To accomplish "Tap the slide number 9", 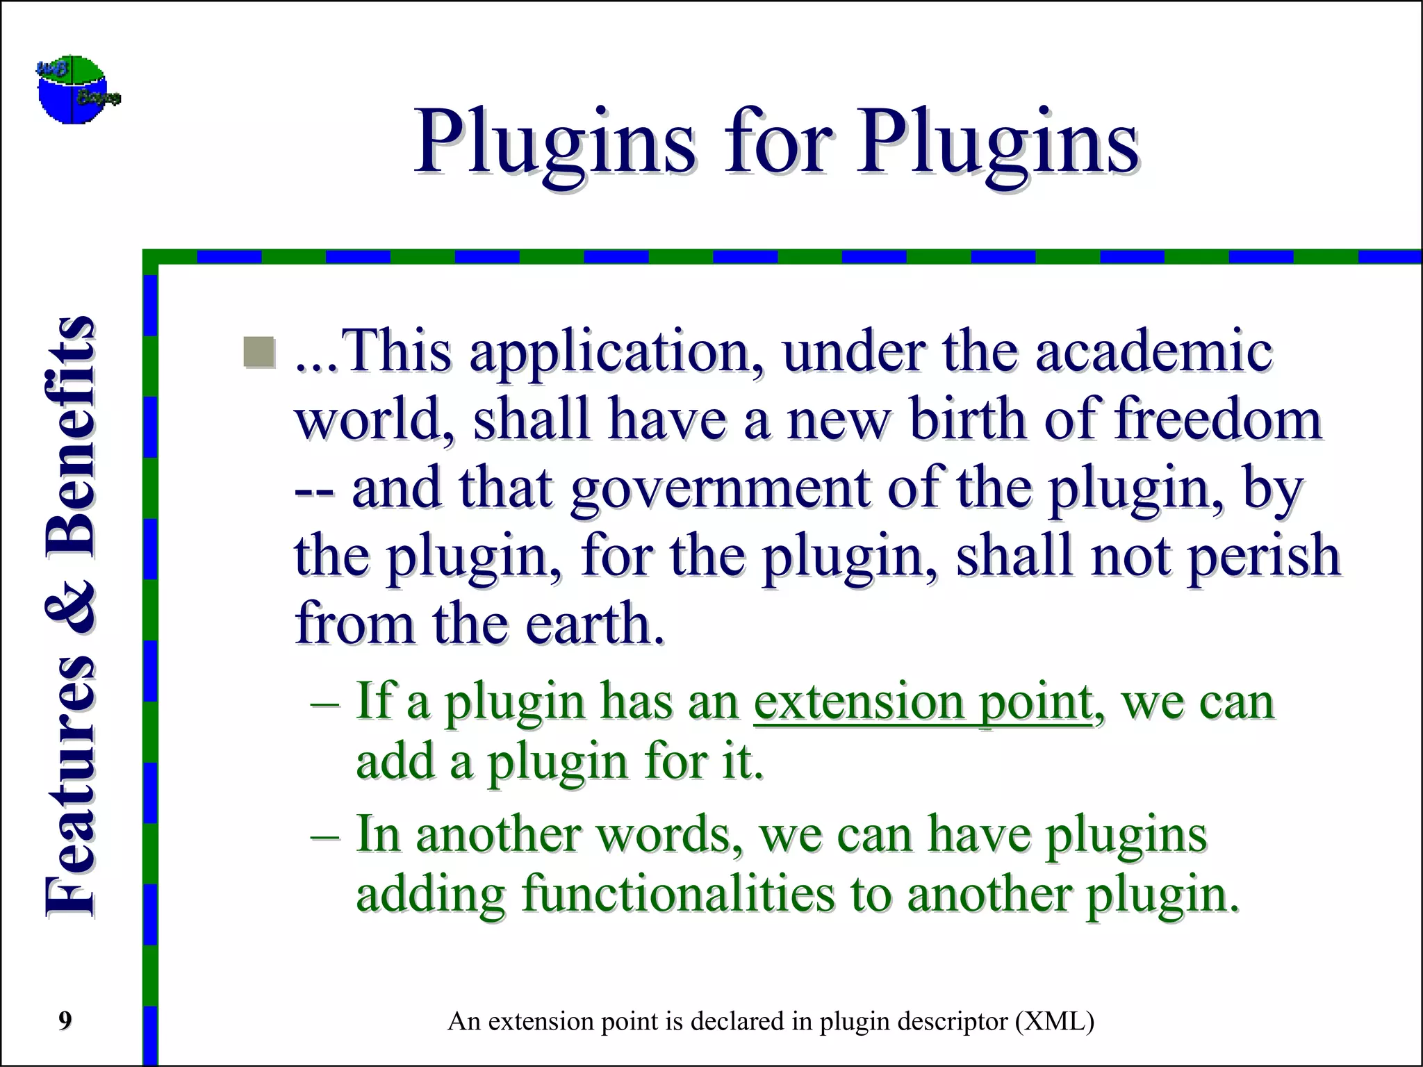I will click(x=65, y=1020).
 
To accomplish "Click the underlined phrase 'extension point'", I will click(x=923, y=702).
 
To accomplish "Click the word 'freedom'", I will click(x=1217, y=420).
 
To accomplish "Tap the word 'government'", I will click(x=721, y=489).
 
